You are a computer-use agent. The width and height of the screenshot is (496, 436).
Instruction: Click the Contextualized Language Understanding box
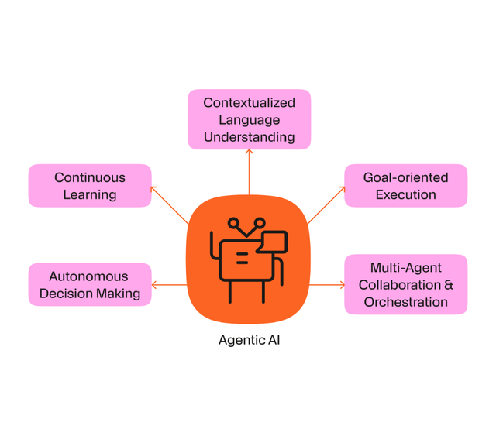(250, 119)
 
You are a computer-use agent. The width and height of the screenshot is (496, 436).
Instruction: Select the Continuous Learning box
(90, 186)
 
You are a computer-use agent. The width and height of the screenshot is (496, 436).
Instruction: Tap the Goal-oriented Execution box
(406, 186)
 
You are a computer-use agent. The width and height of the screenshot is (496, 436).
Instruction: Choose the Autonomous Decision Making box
(90, 284)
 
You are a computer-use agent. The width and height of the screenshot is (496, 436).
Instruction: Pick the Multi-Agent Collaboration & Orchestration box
(406, 284)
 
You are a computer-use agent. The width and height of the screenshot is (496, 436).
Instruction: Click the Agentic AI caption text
(250, 340)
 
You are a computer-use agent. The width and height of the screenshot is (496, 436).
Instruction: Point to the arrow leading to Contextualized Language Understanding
(250, 172)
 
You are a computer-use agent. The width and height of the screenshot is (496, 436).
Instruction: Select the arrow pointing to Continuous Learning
(170, 205)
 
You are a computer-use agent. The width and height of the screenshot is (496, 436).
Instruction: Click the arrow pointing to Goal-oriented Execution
(326, 205)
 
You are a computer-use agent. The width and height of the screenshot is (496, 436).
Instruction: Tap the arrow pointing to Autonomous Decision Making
(170, 285)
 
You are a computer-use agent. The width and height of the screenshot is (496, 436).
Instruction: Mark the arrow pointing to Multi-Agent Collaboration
(327, 285)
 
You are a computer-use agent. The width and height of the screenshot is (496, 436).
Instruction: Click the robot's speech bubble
(272, 242)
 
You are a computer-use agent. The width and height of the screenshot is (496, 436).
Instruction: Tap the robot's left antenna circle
(233, 223)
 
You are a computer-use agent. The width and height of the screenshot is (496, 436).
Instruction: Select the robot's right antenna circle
(260, 223)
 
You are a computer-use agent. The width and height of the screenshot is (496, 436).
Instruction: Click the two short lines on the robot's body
(242, 258)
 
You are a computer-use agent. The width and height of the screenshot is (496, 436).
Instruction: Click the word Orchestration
(406, 302)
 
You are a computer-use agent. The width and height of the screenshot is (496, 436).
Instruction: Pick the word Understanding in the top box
(250, 137)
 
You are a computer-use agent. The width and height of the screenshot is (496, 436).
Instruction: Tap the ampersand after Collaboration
(449, 285)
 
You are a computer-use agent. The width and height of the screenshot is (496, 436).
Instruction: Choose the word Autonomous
(88, 276)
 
